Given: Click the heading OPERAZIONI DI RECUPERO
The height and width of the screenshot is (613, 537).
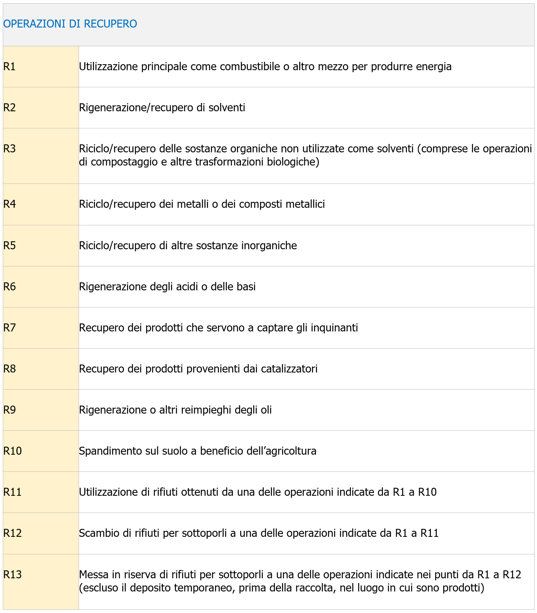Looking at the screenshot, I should pyautogui.click(x=70, y=24).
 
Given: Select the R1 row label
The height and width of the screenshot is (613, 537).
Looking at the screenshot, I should pyautogui.click(x=10, y=67).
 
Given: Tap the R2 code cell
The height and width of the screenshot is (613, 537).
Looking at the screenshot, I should pyautogui.click(x=10, y=108).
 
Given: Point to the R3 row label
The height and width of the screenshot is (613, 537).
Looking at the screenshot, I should pyautogui.click(x=10, y=149).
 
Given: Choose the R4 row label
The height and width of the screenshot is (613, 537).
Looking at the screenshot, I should pyautogui.click(x=10, y=204).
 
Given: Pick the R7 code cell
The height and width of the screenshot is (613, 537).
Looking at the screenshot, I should pyautogui.click(x=10, y=328).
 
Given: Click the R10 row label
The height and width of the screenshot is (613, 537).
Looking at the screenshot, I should pyautogui.click(x=12, y=451).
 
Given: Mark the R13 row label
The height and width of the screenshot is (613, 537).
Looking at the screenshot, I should pyautogui.click(x=12, y=575).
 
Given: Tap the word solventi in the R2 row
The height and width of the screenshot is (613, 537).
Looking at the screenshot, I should pyautogui.click(x=227, y=108).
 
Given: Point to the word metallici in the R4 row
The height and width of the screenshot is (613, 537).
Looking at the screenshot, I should pyautogui.click(x=305, y=204).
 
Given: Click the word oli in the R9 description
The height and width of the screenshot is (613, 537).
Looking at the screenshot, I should pyautogui.click(x=266, y=410).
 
